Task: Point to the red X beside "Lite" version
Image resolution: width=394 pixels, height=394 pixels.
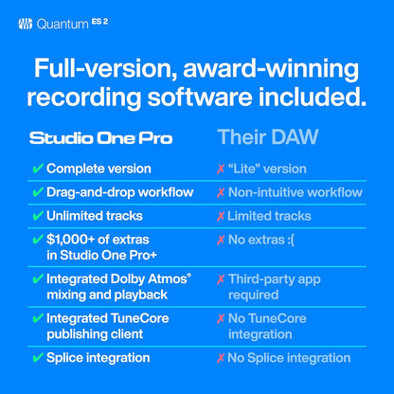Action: click(x=220, y=169)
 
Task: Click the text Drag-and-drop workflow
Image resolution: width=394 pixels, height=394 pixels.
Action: click(x=119, y=192)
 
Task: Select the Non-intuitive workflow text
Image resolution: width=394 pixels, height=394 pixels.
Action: click(x=295, y=192)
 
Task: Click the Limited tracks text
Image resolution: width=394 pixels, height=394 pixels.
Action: click(x=270, y=216)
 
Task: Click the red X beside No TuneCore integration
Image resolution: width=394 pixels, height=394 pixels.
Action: click(x=220, y=318)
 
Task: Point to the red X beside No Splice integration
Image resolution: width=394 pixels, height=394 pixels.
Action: click(x=220, y=358)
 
